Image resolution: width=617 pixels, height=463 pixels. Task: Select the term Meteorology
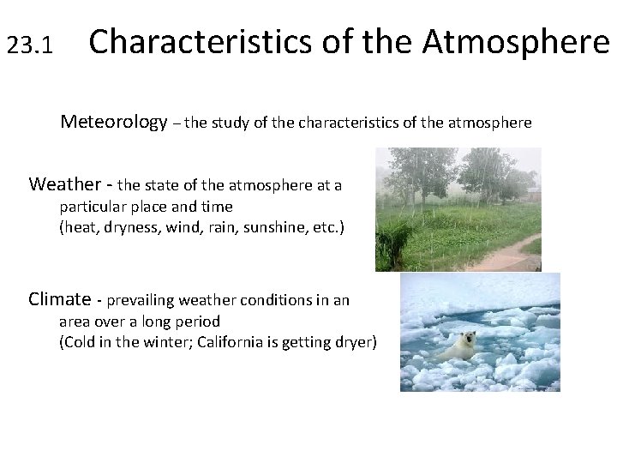pyautogui.click(x=113, y=122)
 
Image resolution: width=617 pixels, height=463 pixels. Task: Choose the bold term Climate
pyautogui.click(x=59, y=299)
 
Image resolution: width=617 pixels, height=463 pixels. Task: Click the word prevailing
pyautogui.click(x=140, y=300)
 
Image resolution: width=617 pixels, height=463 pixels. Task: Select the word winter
pyautogui.click(x=165, y=342)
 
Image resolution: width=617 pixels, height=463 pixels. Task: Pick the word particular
pyautogui.click(x=93, y=207)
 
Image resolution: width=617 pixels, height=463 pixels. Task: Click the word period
pyautogui.click(x=198, y=322)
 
